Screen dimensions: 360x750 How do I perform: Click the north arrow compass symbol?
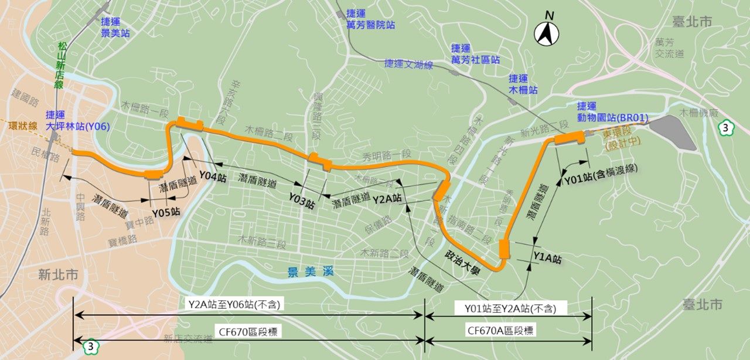546,34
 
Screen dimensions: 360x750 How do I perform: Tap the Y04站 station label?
212,175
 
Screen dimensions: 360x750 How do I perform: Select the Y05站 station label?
166,212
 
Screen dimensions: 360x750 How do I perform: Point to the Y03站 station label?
302,199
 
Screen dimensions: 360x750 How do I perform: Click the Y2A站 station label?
387,199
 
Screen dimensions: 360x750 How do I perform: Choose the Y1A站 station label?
547,257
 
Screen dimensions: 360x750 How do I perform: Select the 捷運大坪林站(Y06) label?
77,120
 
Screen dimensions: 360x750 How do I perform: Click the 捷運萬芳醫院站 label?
362,19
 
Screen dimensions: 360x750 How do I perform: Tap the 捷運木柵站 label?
523,84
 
